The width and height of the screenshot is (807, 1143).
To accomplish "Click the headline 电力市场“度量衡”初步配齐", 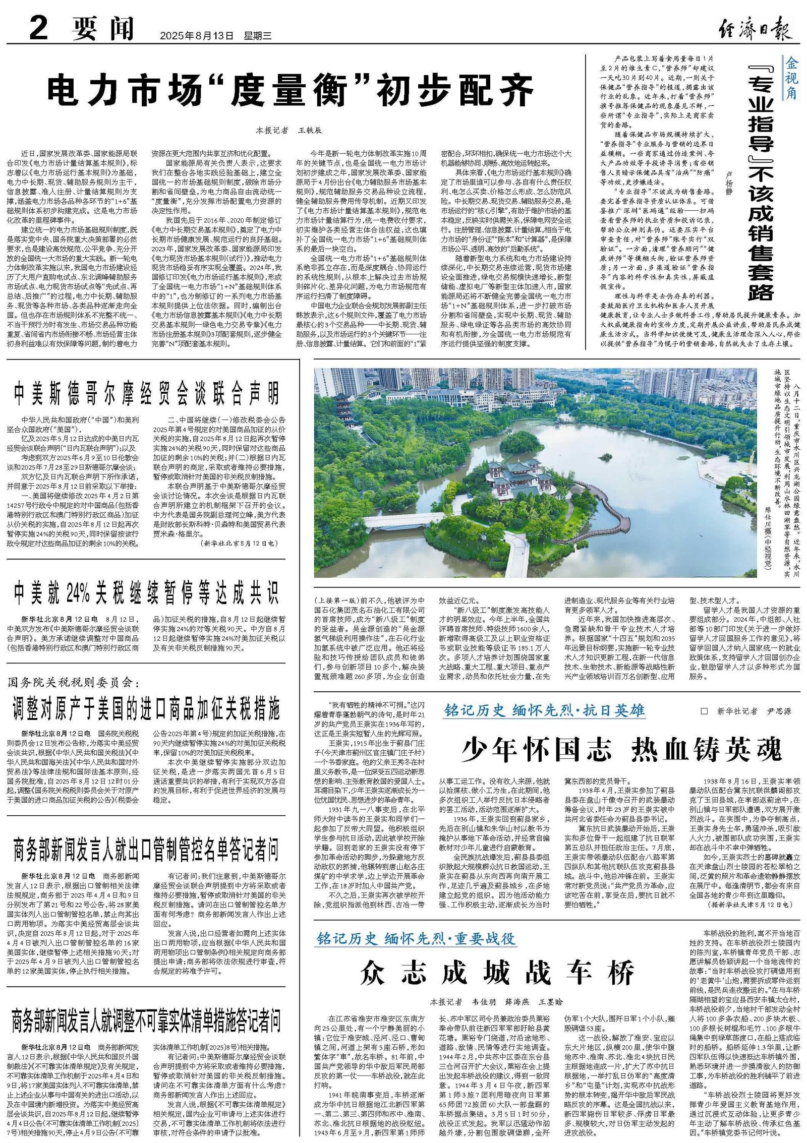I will (x=290, y=90).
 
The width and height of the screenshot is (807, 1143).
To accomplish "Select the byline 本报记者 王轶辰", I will (x=288, y=130).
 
